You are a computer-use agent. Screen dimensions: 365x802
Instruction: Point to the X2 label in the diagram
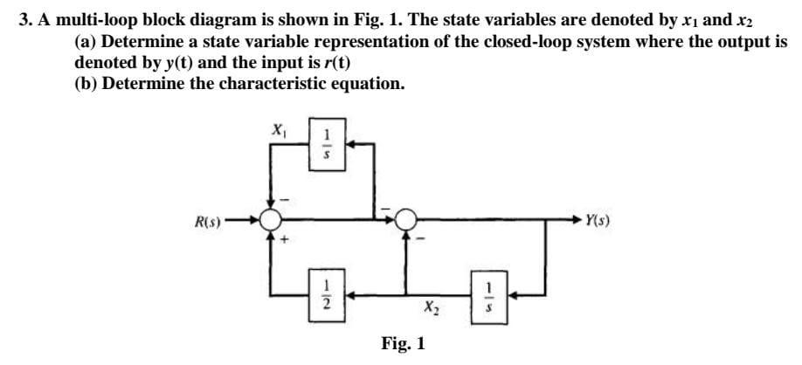tap(431, 307)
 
